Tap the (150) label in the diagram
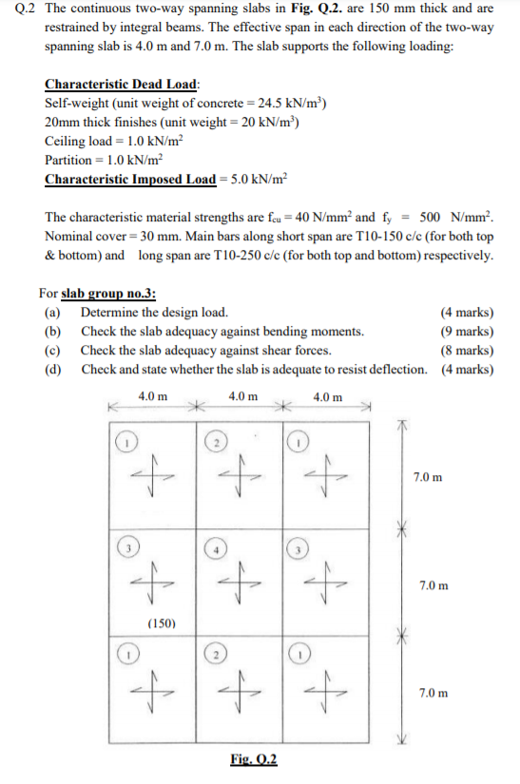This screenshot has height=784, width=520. (x=164, y=623)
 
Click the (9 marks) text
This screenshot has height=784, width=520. (x=467, y=332)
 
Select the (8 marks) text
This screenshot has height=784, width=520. (x=467, y=350)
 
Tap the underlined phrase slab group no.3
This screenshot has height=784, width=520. (x=102, y=294)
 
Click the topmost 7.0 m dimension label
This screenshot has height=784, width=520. (x=427, y=475)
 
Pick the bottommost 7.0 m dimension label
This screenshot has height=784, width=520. (x=427, y=693)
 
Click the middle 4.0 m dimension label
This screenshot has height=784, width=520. (x=244, y=396)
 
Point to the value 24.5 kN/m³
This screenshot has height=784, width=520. (x=286, y=103)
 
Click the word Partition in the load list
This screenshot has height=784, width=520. (x=67, y=160)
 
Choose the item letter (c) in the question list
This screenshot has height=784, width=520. (x=52, y=350)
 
